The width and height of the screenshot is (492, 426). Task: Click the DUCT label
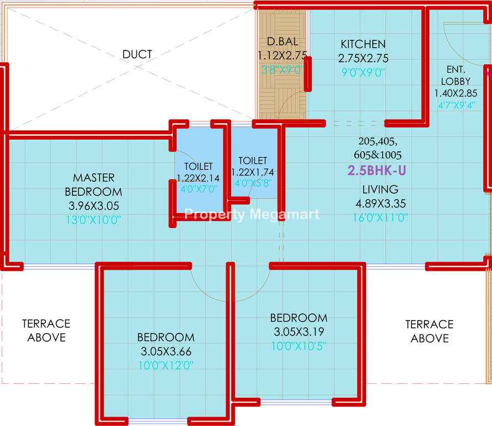137,54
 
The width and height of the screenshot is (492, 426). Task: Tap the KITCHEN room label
363,44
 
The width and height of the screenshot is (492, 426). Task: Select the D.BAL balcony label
283,42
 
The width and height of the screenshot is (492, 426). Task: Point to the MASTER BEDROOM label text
94,185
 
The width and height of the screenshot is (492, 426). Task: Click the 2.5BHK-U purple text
377,170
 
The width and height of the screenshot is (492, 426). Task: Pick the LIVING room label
380,190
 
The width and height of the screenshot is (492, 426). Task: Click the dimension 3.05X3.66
166,351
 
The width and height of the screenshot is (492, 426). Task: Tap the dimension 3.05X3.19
299,332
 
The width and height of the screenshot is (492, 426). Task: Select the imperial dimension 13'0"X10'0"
93,220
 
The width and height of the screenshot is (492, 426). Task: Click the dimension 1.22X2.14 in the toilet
198,178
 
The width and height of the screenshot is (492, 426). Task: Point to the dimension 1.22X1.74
253,172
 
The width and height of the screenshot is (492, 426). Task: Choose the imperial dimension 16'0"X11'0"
380,217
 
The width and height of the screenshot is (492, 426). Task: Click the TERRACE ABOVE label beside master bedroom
46,331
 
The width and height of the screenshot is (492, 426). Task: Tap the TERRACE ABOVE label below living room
429,332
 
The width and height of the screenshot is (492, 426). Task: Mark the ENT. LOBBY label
455,75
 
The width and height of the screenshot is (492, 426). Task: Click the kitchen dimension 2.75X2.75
363,58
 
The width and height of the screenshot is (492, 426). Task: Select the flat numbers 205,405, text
378,141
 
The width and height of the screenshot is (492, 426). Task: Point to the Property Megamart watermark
252,215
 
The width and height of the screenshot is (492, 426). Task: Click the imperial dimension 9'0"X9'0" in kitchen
363,73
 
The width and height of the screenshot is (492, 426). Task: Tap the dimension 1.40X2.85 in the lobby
455,93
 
